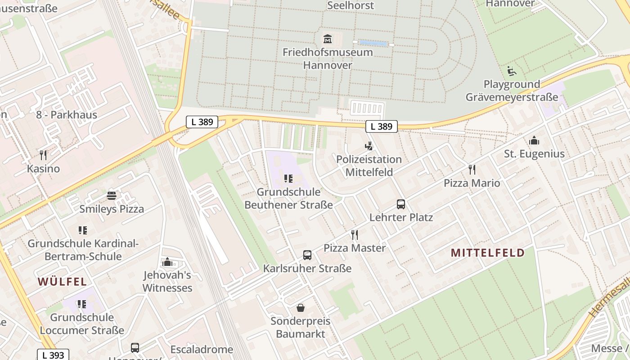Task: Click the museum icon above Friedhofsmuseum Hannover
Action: point(327,39)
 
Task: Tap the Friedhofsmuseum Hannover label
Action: point(327,58)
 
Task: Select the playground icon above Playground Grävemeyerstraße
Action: point(512,71)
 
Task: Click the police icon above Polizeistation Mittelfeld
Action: point(369,146)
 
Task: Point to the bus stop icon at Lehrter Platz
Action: point(401,204)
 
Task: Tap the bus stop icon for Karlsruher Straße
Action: point(307,255)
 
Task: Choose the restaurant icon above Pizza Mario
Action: point(472,170)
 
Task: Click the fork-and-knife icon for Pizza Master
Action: point(355,234)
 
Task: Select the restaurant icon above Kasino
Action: point(43,155)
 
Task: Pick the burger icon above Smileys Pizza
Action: point(112,196)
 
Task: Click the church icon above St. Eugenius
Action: point(534,141)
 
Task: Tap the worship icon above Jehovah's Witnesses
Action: point(167,262)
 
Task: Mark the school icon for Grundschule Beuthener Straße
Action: point(288,179)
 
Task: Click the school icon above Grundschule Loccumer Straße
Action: point(82,304)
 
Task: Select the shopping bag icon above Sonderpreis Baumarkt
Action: point(301,308)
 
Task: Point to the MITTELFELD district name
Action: point(488,253)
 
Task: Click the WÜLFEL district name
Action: point(62,282)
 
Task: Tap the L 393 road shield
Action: point(53,355)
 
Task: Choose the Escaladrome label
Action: point(202,350)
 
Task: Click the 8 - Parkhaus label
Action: point(67,115)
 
